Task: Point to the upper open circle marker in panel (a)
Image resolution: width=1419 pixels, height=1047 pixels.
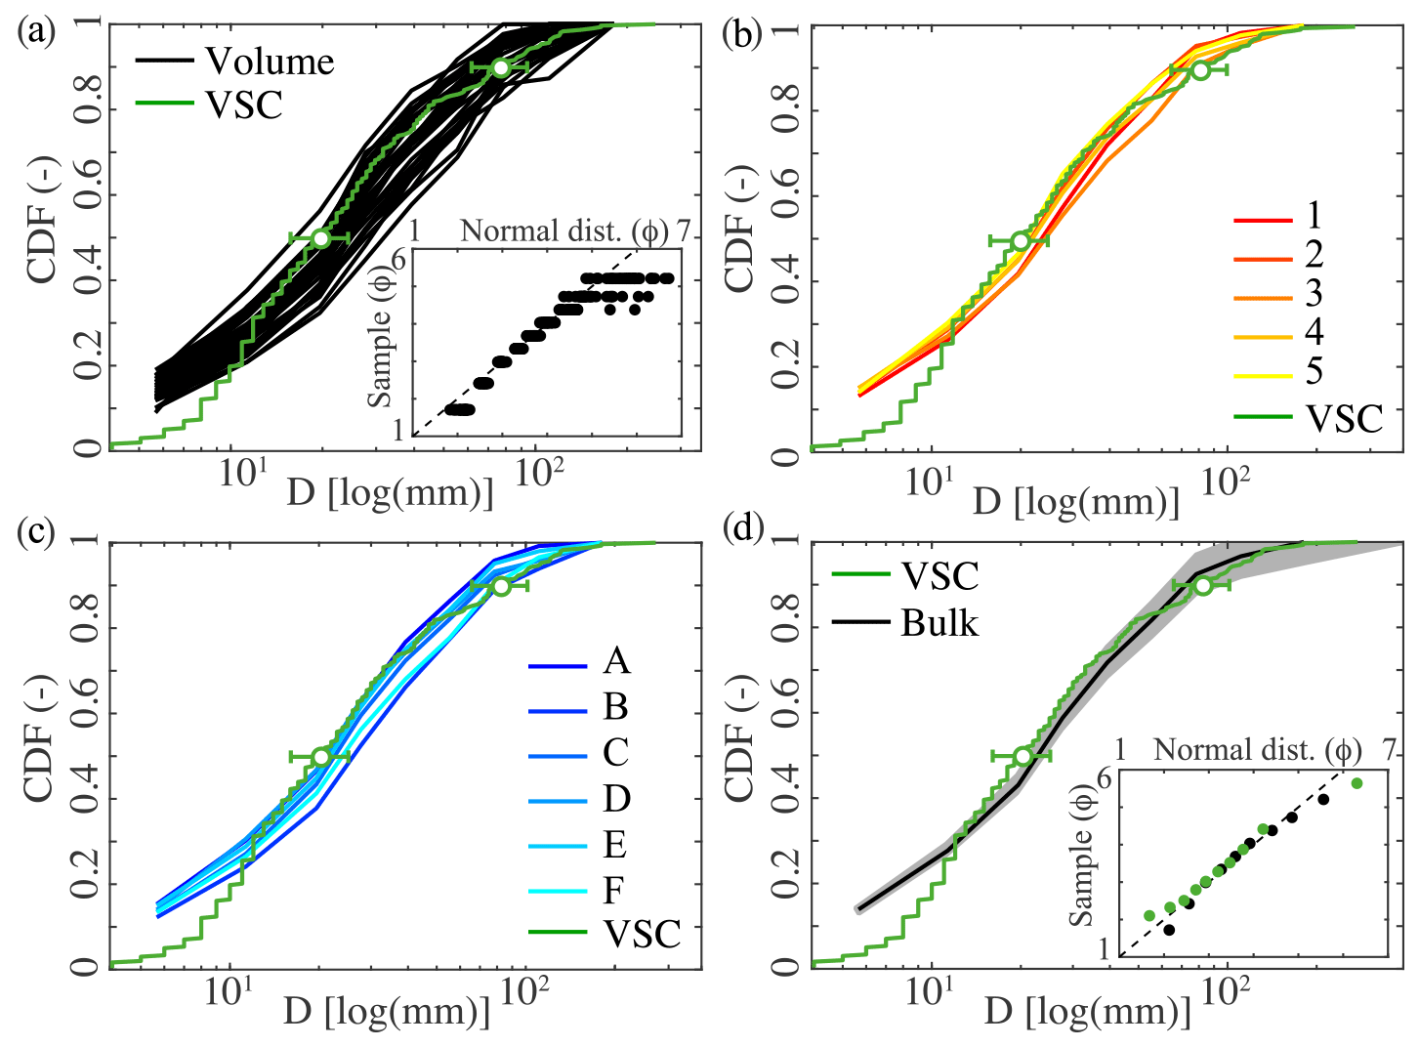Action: pyautogui.click(x=500, y=67)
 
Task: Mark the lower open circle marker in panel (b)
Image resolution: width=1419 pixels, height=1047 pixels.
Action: pyautogui.click(x=1021, y=240)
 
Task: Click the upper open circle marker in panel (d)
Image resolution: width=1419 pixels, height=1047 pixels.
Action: pyautogui.click(x=1202, y=585)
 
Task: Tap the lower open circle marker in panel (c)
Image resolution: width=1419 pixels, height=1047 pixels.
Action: pyautogui.click(x=320, y=757)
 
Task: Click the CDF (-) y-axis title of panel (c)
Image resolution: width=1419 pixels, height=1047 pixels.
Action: pyautogui.click(x=39, y=752)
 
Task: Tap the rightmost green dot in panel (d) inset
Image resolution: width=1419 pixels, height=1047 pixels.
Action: pyautogui.click(x=1356, y=783)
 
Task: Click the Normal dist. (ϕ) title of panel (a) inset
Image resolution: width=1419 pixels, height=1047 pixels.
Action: pyautogui.click(x=564, y=231)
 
